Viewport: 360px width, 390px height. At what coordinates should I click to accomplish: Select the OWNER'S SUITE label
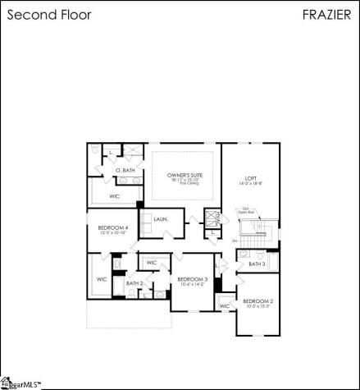pyautogui.click(x=184, y=175)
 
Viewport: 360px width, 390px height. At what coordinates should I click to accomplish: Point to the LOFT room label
pyautogui.click(x=251, y=178)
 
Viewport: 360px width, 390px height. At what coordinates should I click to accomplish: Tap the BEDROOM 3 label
pyautogui.click(x=193, y=280)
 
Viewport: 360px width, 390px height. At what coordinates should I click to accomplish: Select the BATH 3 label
pyautogui.click(x=257, y=264)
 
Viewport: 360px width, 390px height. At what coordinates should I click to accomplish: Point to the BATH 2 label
pyautogui.click(x=134, y=283)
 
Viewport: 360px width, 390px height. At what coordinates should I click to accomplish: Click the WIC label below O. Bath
pyautogui.click(x=115, y=197)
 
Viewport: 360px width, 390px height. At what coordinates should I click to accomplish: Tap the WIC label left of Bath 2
pyautogui.click(x=102, y=279)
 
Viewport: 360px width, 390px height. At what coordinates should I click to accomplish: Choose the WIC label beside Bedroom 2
pyautogui.click(x=224, y=306)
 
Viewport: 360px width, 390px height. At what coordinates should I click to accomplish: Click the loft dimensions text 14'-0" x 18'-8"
pyautogui.click(x=251, y=185)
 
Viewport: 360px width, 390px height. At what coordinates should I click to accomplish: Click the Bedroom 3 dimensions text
pyautogui.click(x=193, y=286)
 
